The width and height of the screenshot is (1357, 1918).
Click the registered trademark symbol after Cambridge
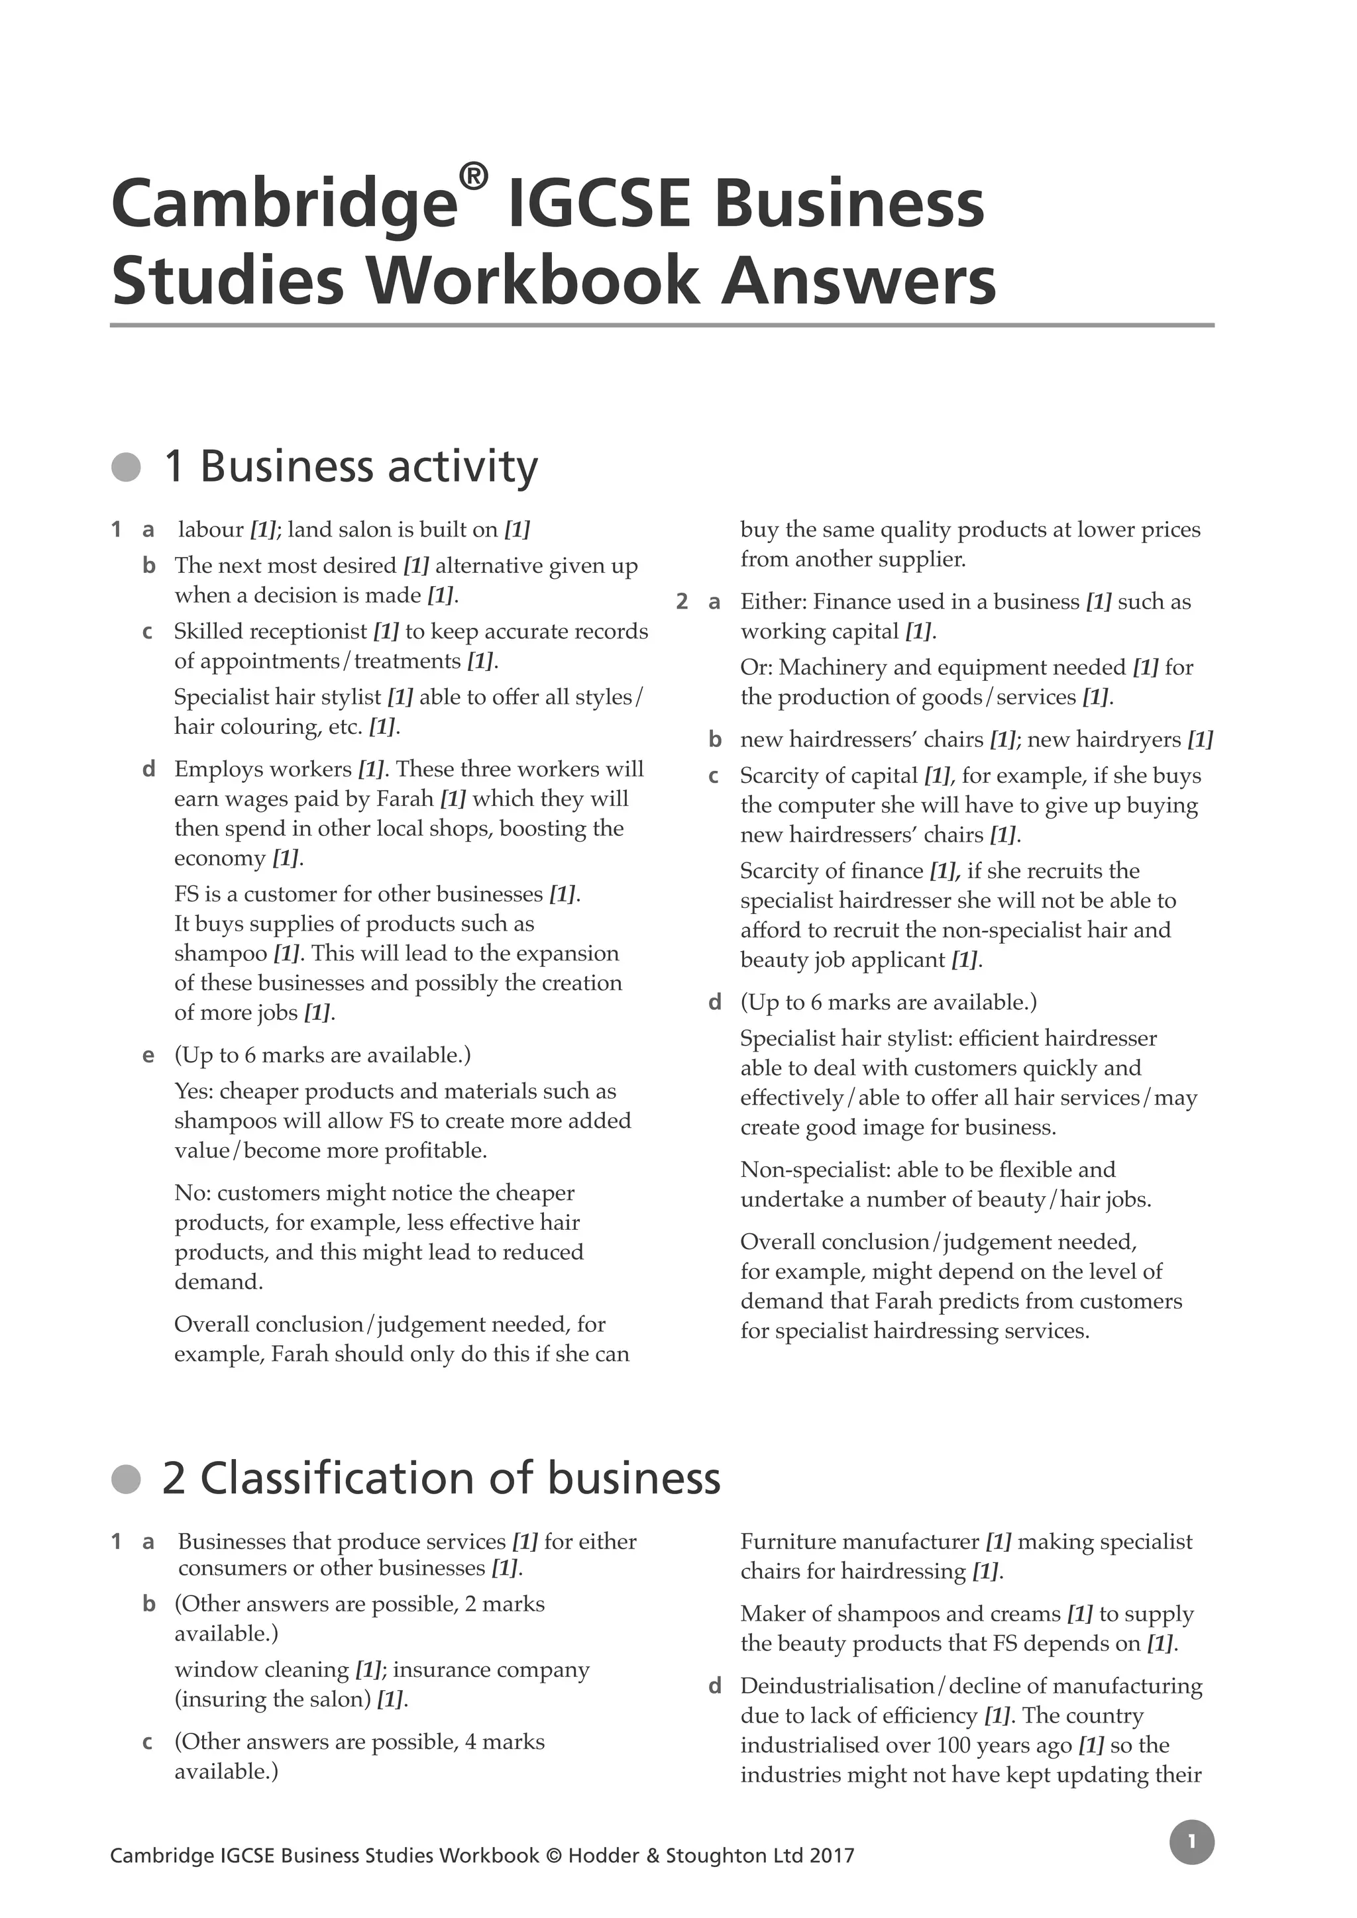pos(473,177)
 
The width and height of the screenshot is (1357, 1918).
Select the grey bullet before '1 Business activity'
pos(126,467)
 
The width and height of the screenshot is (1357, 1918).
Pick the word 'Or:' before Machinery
pos(755,668)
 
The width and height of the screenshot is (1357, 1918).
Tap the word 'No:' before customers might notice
pos(192,1193)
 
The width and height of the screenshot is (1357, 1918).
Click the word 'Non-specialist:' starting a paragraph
pos(815,1170)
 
